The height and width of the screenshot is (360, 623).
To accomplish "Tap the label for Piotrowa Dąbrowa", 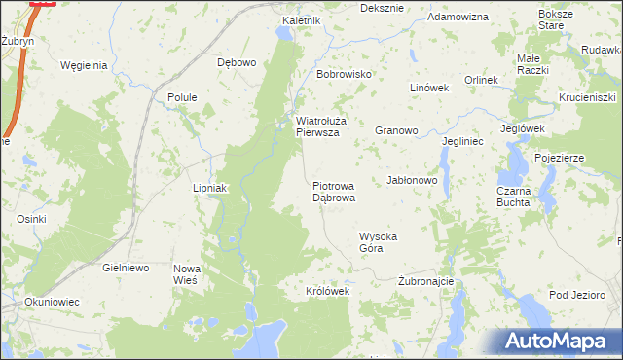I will (x=334, y=191).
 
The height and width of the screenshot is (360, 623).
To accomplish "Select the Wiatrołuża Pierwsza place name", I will (x=317, y=127).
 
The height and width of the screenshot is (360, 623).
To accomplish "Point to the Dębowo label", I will (x=237, y=62).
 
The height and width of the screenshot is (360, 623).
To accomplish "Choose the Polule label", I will (x=182, y=97).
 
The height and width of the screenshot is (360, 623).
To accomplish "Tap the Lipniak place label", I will (x=209, y=188).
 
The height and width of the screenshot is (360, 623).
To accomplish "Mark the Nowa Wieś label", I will (x=186, y=273).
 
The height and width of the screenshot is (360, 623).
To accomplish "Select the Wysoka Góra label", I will (x=379, y=242).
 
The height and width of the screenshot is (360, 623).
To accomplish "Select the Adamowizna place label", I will (x=458, y=18).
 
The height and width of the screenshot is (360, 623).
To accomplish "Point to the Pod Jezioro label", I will (x=577, y=295).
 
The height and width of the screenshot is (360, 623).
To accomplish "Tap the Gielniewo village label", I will (x=125, y=267).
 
